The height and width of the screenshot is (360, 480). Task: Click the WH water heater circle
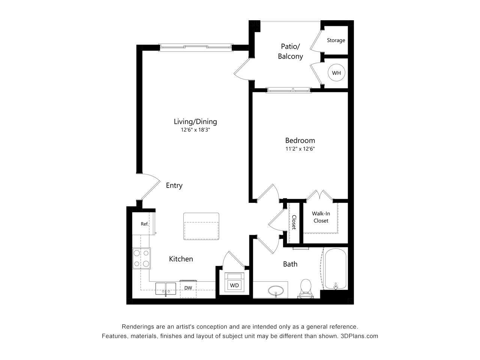[336, 73]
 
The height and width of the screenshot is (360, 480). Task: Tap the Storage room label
[336, 40]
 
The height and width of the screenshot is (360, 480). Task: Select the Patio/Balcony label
[290, 51]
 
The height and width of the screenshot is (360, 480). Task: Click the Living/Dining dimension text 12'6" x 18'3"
[195, 130]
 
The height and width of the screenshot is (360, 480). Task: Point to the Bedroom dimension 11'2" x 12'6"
[300, 149]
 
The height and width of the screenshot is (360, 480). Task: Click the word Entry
[174, 185]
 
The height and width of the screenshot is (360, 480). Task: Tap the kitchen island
[201, 226]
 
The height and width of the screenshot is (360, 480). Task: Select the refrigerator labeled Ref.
[144, 224]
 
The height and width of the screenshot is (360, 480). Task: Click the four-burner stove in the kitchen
[141, 258]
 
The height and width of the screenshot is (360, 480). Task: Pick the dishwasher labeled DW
[188, 288]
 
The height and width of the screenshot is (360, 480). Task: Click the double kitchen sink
[165, 289]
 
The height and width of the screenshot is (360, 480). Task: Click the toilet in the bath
[306, 288]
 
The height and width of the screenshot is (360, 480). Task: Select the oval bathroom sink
[277, 290]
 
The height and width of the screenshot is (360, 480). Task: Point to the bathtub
[336, 269]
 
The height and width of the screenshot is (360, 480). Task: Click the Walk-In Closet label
[321, 217]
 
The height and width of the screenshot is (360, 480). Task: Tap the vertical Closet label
[294, 222]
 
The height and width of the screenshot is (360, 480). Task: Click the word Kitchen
[181, 259]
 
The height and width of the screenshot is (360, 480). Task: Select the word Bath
[290, 264]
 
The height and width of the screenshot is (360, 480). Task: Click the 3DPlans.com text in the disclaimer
[359, 336]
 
